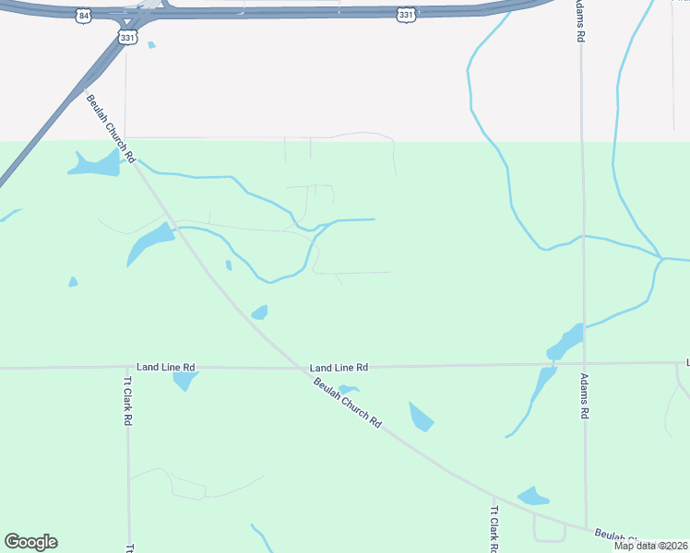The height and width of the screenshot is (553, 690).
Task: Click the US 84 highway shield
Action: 86,16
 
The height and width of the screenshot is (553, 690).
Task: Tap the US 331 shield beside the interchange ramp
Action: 127,36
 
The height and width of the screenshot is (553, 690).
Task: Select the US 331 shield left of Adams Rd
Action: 407,14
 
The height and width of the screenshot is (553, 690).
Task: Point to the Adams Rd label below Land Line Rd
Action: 584,396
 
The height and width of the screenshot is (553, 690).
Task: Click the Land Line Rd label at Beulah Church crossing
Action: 339,366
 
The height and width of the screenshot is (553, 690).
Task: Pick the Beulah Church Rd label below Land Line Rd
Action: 347,402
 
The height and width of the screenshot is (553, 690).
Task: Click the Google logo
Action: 30,542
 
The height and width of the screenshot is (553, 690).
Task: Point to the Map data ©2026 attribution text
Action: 649,546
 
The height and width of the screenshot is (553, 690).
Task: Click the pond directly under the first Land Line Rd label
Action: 184,379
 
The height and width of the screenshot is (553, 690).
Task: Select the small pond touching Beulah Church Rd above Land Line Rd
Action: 260,312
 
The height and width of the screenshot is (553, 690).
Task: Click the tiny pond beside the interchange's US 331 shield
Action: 151,44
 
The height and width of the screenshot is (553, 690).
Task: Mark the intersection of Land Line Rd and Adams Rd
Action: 584,364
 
